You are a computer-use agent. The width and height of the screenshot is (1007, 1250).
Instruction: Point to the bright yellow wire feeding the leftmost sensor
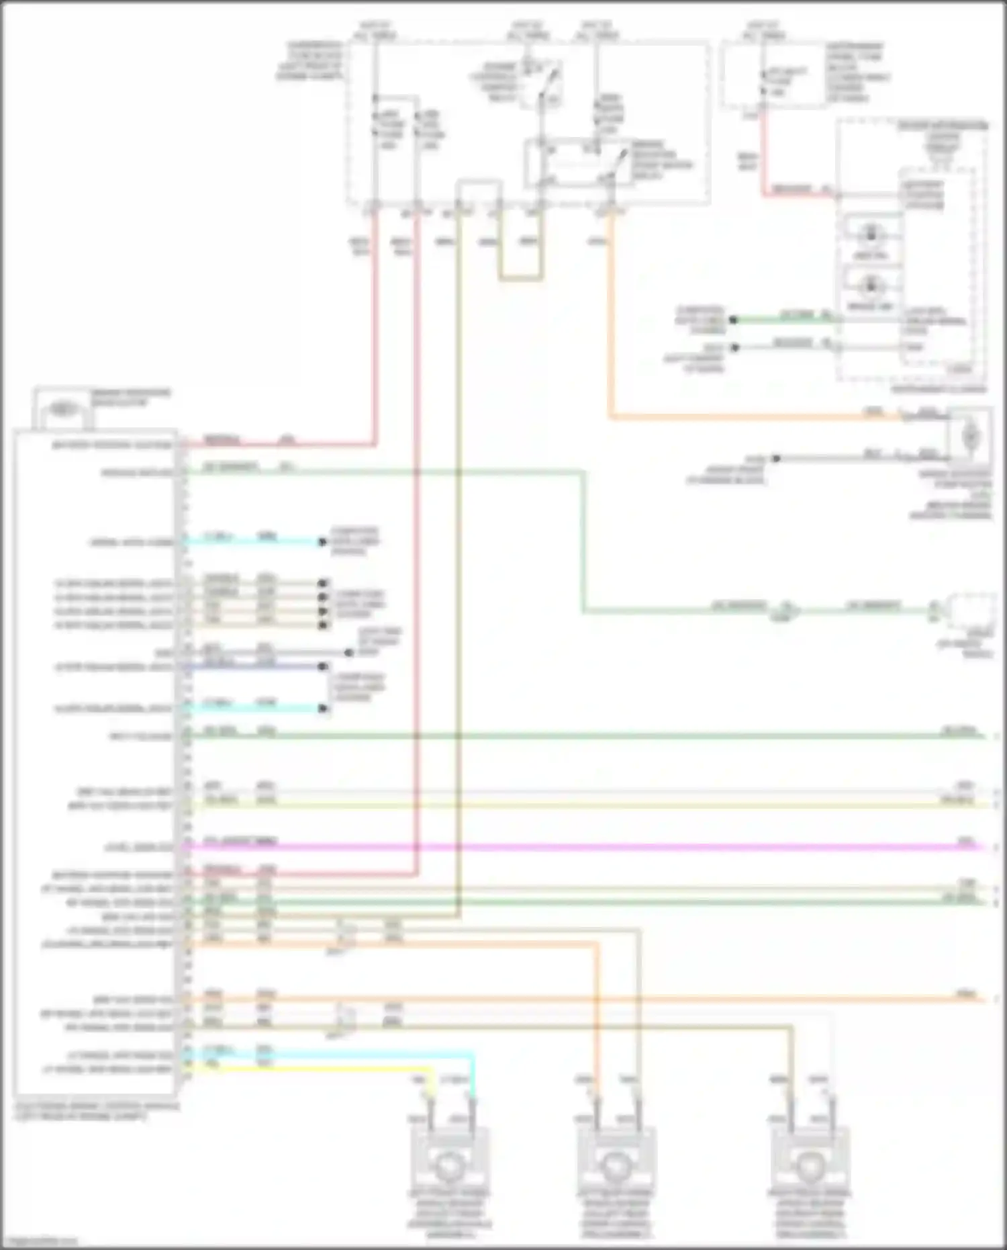click(336, 1067)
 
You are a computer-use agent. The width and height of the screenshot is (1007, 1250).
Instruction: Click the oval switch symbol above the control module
click(62, 407)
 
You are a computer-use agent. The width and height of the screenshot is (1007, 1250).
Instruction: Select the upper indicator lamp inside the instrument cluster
click(872, 234)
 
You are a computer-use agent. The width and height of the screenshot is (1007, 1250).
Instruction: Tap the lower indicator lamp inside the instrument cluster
click(872, 285)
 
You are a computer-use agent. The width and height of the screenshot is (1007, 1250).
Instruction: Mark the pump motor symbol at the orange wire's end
click(970, 437)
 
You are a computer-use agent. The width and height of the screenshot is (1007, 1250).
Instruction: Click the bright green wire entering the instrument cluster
click(785, 320)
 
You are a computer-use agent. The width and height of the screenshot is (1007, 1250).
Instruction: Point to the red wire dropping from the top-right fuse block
click(763, 154)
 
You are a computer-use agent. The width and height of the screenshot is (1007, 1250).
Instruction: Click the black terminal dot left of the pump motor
click(775, 459)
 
